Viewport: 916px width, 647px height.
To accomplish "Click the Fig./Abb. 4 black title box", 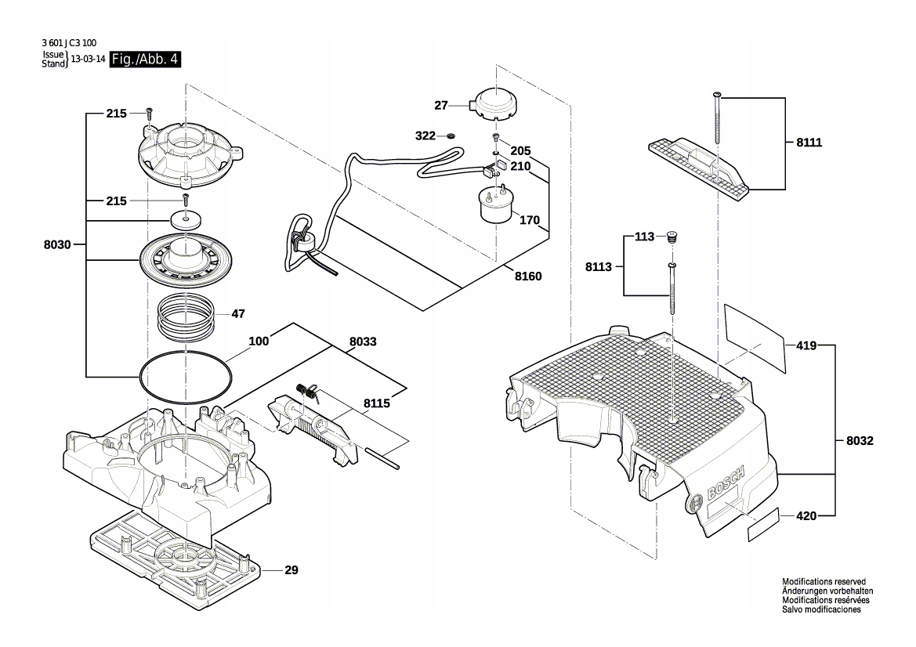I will [x=145, y=60].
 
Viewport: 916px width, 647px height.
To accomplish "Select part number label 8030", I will [x=57, y=245].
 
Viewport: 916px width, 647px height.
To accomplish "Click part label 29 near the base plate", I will [x=291, y=570].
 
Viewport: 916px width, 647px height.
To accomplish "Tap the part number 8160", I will [x=528, y=276].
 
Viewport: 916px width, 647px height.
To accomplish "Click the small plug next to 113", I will [x=672, y=237].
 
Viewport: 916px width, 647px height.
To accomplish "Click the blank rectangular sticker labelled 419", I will [x=754, y=336].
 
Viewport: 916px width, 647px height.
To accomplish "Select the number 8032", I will [x=860, y=441].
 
